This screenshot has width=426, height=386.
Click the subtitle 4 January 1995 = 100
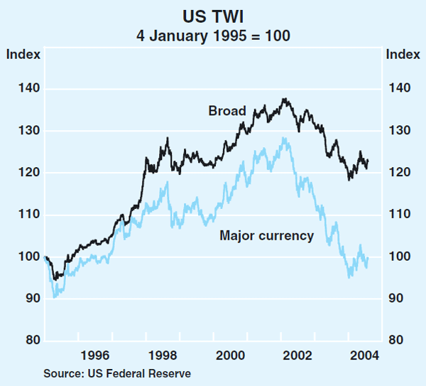tap(212, 34)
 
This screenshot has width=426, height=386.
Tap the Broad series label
tap(226, 111)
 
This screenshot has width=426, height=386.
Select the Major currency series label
tap(267, 236)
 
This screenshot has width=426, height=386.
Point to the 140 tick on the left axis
tap(22, 89)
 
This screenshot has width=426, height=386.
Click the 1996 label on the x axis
tap(94, 355)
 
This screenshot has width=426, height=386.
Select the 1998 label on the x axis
tap(163, 355)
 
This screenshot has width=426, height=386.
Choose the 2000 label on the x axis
tap(231, 355)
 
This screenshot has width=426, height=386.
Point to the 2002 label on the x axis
tap(299, 355)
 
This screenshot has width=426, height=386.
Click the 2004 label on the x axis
tap(366, 355)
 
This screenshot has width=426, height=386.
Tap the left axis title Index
tap(23, 54)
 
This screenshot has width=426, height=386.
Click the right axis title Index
tap(403, 54)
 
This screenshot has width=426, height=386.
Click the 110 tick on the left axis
tap(22, 215)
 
